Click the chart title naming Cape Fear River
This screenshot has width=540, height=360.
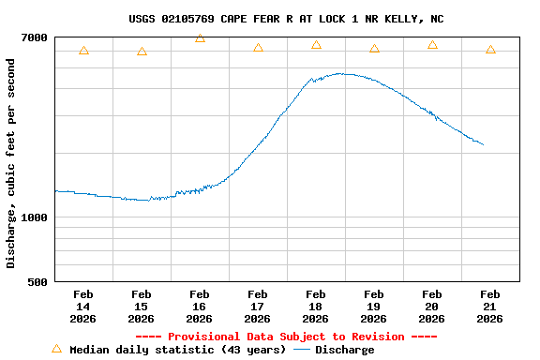[x=286, y=19]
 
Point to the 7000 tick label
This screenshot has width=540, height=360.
[x=35, y=37]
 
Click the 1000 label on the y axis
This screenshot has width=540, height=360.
[x=35, y=217]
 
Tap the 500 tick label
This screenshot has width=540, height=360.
[x=38, y=281]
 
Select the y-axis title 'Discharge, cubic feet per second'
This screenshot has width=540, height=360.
[x=11, y=163]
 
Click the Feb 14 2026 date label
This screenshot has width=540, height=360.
[x=82, y=307]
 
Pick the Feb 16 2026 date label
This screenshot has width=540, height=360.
[x=199, y=307]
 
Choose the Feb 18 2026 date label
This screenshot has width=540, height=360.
[x=315, y=307]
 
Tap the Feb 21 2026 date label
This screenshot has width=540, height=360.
[x=489, y=307]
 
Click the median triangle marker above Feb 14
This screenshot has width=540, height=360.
[x=83, y=51]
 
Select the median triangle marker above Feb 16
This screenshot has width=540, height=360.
[x=200, y=38]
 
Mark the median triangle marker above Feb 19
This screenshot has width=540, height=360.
[x=374, y=49]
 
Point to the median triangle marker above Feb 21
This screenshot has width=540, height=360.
[x=490, y=50]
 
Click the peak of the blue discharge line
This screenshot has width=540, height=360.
[x=341, y=73]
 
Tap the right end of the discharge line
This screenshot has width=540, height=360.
[x=483, y=144]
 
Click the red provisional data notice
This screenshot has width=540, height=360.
[x=286, y=337]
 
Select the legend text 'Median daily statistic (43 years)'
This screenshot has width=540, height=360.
[x=177, y=350]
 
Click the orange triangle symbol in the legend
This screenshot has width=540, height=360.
[x=56, y=349]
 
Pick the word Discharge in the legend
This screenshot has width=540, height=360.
[x=344, y=350]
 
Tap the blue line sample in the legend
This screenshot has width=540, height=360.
[x=302, y=350]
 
